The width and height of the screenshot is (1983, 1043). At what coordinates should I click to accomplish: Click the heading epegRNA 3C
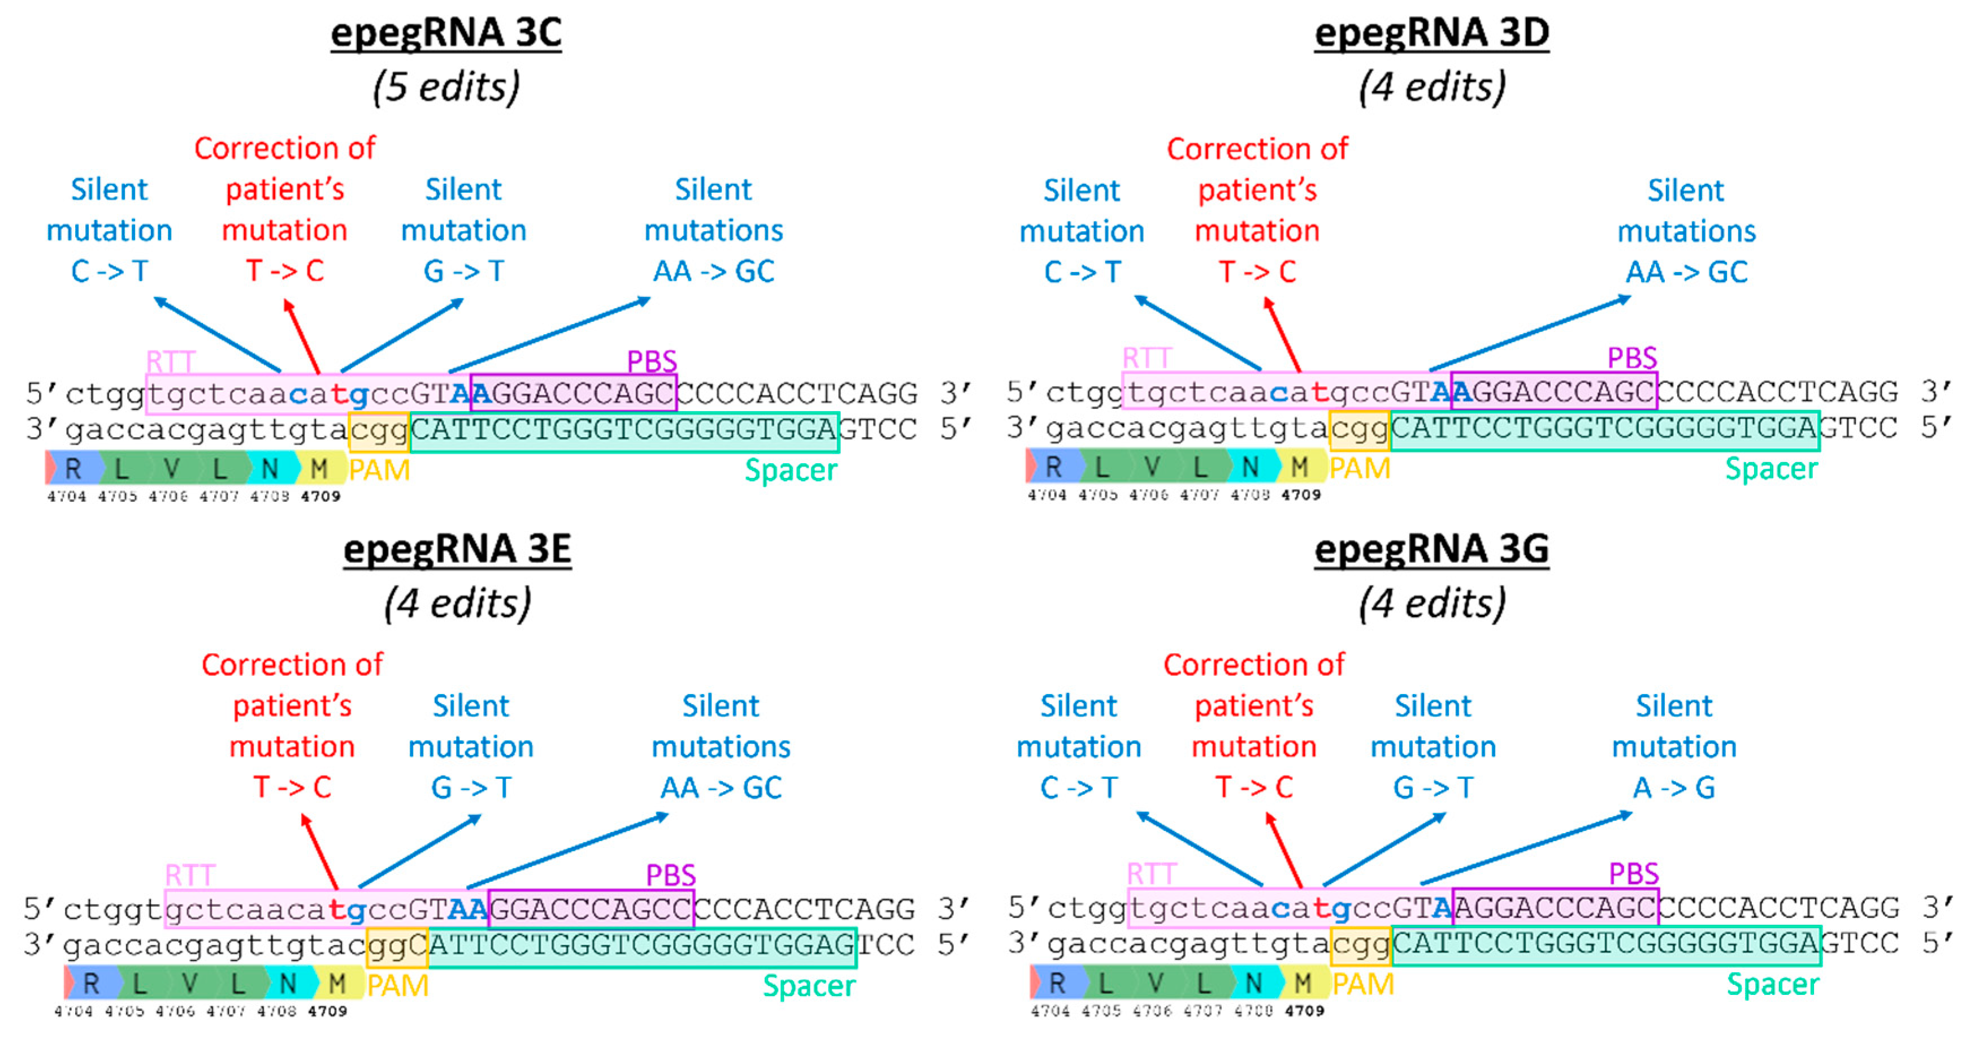click(x=446, y=33)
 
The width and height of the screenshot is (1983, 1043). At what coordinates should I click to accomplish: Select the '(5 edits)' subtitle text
click(x=446, y=87)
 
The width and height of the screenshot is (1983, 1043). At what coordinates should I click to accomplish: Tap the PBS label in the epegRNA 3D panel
click(x=1632, y=358)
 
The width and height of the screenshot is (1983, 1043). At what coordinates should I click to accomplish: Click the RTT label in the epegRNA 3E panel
click(x=190, y=875)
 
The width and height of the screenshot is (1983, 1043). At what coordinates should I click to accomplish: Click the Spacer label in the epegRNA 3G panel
click(x=1772, y=984)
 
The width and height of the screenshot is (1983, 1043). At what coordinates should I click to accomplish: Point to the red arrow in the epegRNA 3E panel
click(x=319, y=852)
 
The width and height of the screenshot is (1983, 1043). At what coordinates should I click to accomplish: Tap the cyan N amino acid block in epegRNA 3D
click(x=1250, y=466)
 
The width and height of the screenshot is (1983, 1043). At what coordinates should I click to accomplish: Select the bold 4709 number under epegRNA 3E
click(x=327, y=1011)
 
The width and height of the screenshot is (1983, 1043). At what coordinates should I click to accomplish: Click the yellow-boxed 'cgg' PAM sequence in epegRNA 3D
click(x=1360, y=430)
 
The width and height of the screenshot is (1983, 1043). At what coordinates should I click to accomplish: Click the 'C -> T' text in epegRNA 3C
click(x=109, y=271)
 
